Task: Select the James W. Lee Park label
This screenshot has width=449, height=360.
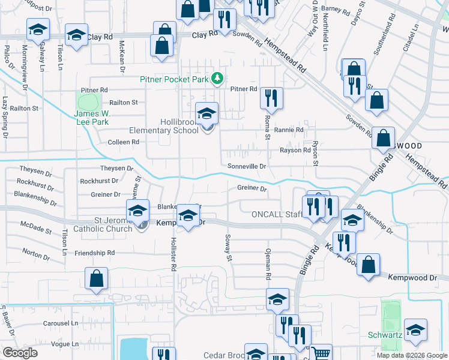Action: click(94, 118)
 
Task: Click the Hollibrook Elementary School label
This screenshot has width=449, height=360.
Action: click(164, 126)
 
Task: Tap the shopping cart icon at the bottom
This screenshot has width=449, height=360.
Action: click(321, 353)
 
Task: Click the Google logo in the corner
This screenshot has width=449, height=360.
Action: click(20, 353)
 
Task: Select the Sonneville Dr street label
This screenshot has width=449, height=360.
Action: click(246, 166)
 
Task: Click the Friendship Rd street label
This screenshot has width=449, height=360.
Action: click(94, 253)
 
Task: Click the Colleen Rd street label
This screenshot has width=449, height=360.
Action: click(123, 142)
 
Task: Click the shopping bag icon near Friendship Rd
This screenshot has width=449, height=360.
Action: click(96, 279)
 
